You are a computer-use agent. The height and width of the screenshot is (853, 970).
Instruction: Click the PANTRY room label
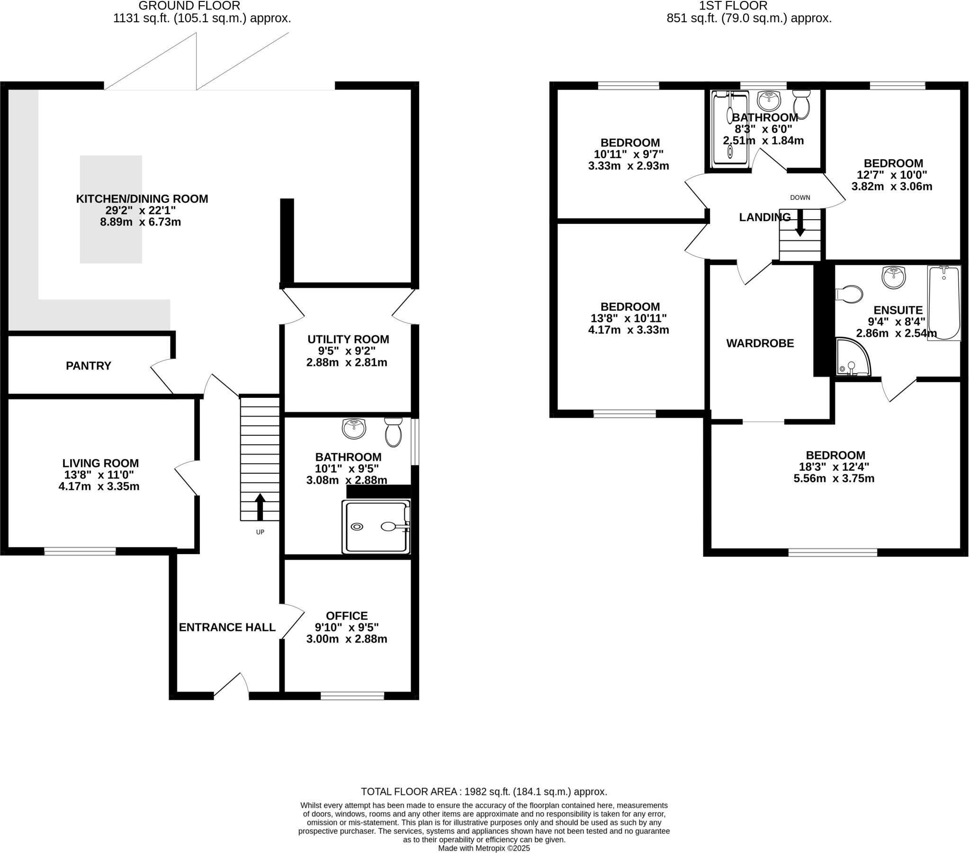pos(88,366)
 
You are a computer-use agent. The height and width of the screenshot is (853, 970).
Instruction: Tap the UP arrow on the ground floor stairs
pos(260,507)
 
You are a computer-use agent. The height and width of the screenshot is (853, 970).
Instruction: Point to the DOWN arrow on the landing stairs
pos(800,223)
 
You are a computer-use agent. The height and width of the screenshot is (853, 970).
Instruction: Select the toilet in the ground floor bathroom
pos(394,432)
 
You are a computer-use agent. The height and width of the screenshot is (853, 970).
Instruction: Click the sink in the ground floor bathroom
pos(354,429)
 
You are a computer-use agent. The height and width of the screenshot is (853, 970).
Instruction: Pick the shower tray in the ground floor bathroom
pos(377,526)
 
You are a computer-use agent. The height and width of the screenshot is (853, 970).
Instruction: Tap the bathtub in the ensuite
pos(944,303)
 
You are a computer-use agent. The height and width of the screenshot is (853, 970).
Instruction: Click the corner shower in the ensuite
pos(853,357)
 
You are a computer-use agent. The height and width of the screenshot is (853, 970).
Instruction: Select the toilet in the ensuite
pos(849,294)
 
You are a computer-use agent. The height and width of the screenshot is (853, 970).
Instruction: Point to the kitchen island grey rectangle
pos(111,209)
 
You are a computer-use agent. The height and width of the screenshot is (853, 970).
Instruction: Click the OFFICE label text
pos(347,616)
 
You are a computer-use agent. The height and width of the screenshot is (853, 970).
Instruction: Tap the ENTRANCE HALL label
pos(227,627)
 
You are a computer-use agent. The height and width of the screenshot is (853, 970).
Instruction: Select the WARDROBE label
pos(760,343)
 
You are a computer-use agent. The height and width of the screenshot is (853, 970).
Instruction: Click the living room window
pos(80,551)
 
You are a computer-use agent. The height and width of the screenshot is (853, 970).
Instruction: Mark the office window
pos(352,696)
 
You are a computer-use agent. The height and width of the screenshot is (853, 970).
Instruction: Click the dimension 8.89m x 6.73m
pos(141,222)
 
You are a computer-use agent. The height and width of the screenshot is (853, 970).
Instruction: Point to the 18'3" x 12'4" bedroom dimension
pos(834,467)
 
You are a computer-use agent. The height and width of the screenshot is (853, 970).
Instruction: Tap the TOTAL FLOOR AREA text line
pos(484,792)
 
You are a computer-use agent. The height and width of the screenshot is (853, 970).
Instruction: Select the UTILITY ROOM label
pos(348,340)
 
